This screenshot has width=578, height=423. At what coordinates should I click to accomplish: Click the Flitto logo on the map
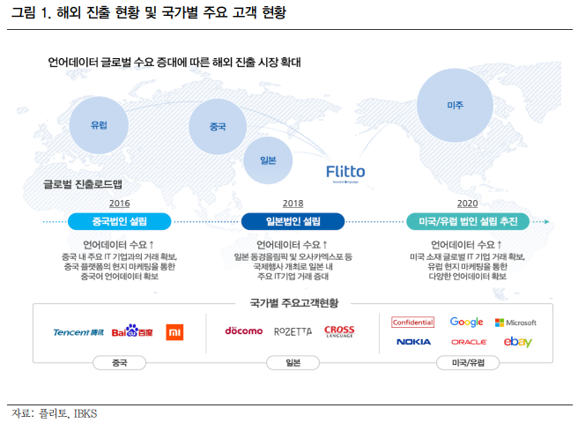coord(345,172)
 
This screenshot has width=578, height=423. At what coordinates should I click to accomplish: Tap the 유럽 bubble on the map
coord(100,125)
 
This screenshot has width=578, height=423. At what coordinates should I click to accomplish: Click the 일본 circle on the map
coord(269,160)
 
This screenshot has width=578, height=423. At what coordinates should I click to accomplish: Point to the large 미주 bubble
coord(455,104)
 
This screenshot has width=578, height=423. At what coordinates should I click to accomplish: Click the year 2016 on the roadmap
coord(119,203)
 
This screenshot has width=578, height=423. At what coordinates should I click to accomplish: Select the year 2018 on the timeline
coord(293,203)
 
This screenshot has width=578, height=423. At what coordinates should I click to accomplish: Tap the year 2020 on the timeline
coord(468,203)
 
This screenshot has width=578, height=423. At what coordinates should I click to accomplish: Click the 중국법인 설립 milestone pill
coord(119,221)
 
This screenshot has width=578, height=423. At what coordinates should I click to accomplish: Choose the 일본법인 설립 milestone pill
coord(293,221)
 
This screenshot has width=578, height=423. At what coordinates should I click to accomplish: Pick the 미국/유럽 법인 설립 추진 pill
coord(468,221)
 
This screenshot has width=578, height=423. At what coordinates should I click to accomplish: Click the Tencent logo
coord(78,332)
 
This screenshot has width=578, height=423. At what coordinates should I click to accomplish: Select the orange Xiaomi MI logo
coord(175,332)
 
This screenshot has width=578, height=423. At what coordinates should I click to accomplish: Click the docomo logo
coord(243,331)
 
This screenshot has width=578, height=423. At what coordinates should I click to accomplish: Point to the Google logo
coord(466,323)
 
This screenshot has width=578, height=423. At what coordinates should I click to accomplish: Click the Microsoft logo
coord(515,323)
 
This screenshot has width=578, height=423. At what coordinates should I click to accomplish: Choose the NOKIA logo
coord(413,342)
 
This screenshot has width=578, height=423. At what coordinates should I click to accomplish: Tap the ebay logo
coord(517,342)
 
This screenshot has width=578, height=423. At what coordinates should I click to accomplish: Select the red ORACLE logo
coord(468,342)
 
